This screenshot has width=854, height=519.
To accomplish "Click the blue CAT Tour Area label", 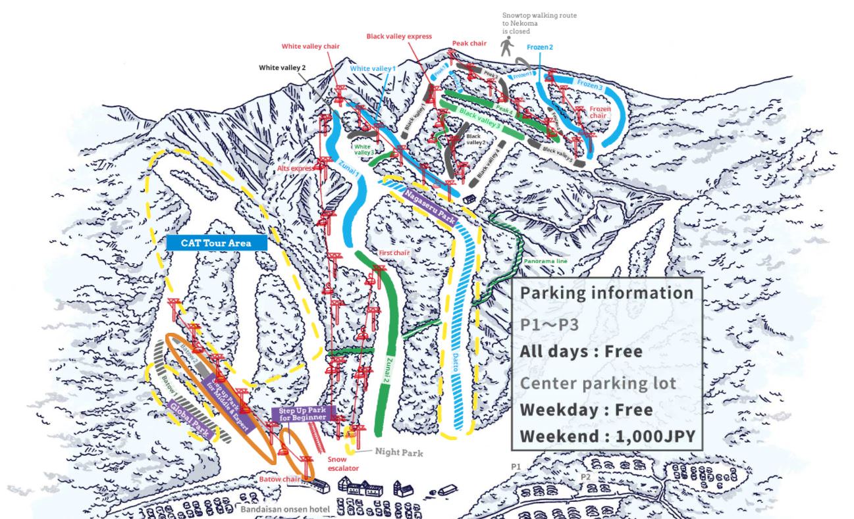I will tap(216, 243).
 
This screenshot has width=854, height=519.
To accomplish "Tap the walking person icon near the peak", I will tap(506, 47).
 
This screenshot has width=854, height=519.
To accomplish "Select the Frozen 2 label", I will tap(540, 47).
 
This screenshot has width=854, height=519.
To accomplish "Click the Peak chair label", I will tap(469, 43).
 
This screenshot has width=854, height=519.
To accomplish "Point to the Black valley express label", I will tap(399, 37).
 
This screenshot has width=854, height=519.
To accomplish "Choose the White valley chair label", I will tap(310, 47).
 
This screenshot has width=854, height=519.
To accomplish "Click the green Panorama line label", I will tap(546, 261).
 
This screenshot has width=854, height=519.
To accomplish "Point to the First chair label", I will tap(395, 253).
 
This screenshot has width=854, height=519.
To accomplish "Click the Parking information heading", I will tap(606, 293).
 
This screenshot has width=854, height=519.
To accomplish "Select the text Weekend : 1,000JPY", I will tap(606, 437).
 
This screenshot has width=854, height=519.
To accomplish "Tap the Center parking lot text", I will tap(598, 383).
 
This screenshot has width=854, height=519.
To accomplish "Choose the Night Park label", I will tap(398, 453).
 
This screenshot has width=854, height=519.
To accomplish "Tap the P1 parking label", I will tap(516, 466).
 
